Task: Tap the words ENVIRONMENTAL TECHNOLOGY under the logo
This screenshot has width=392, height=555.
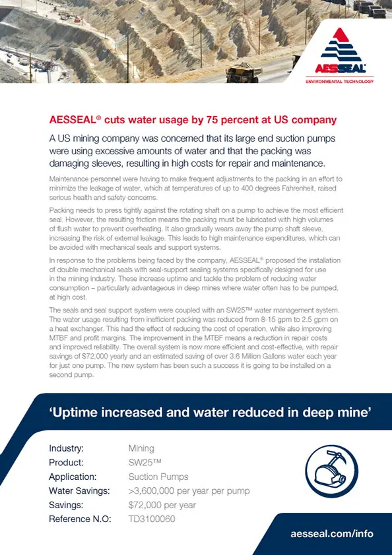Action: tap(339, 82)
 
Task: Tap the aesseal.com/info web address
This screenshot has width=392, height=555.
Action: tap(332, 533)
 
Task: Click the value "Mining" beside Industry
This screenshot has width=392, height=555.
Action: tap(141, 448)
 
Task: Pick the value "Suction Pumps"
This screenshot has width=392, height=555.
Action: tap(158, 477)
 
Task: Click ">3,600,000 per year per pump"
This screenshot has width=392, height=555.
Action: tap(189, 490)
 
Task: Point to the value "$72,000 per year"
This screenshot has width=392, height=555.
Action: tap(162, 505)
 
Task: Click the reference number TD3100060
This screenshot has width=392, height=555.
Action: tap(152, 519)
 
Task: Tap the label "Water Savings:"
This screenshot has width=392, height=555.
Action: tap(77, 490)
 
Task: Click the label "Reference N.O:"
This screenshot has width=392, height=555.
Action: tap(79, 519)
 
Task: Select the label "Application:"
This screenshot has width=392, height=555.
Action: tap(73, 477)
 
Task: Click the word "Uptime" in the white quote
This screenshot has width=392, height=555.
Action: tap(77, 413)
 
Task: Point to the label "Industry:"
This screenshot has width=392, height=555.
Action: tap(66, 448)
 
